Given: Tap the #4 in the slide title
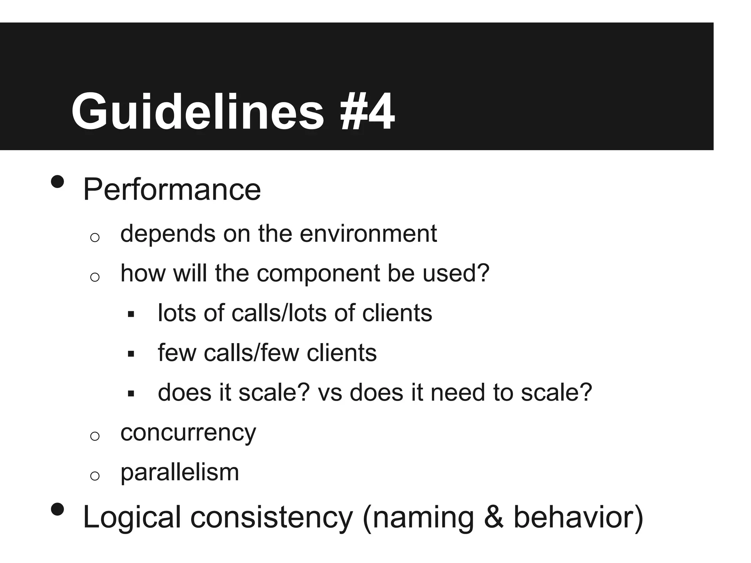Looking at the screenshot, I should (x=367, y=111).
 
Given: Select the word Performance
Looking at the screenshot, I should (x=172, y=190).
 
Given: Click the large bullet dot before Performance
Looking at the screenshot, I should (x=57, y=181).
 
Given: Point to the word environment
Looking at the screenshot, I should (x=368, y=233).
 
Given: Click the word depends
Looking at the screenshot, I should (x=168, y=233).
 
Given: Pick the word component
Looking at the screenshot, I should (x=318, y=274).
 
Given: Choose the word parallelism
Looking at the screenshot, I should (x=180, y=472).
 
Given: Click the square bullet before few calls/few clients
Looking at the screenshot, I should (x=131, y=354).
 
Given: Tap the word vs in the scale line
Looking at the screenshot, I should (x=330, y=393).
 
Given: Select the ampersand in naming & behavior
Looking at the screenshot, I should (x=493, y=517).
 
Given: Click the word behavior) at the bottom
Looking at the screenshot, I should (x=578, y=517).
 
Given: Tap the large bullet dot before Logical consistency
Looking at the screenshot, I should (x=57, y=509).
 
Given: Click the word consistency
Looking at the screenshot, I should (x=271, y=517).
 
